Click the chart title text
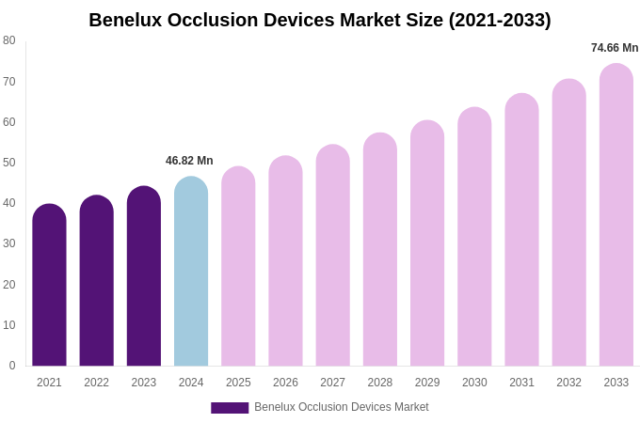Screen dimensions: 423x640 click(320, 20)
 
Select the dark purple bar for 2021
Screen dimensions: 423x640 click(49, 287)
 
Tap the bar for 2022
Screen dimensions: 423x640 click(96, 282)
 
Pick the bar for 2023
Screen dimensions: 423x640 click(144, 277)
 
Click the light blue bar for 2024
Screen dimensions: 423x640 click(191, 273)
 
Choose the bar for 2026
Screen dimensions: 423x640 click(285, 262)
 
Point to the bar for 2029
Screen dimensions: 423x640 click(427, 244)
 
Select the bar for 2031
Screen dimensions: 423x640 click(521, 230)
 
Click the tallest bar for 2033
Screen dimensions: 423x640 click(616, 216)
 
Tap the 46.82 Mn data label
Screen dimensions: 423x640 click(189, 161)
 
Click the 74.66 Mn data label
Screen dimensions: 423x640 click(615, 48)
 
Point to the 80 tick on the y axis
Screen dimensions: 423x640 click(9, 40)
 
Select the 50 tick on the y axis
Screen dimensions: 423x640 click(9, 163)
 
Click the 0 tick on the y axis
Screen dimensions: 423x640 click(12, 366)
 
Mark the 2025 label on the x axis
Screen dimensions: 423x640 click(238, 383)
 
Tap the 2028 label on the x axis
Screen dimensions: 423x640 click(380, 383)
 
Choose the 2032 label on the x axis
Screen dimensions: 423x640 click(568, 383)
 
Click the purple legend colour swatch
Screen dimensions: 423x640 click(230, 408)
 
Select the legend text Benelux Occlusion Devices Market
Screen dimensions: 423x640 click(342, 407)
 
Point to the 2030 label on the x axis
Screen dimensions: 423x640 click(474, 383)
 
